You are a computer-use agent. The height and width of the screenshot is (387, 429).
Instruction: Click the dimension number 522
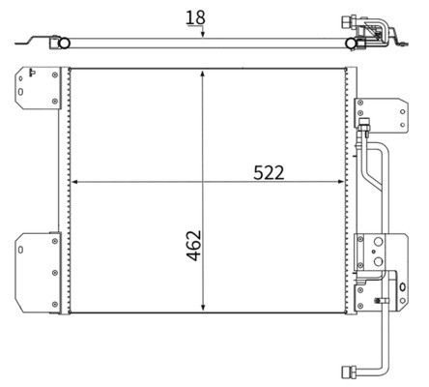[x=269, y=172]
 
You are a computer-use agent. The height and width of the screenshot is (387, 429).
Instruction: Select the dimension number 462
[x=194, y=246]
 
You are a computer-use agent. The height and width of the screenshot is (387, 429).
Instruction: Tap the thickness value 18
[x=195, y=17]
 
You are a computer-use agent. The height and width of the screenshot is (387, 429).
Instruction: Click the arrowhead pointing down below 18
[x=203, y=33]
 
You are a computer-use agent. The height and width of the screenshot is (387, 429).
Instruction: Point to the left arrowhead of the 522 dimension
[x=75, y=182]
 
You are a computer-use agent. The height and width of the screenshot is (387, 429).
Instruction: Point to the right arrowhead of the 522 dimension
[x=340, y=182]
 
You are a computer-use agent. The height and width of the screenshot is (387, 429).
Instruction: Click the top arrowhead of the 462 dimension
[x=202, y=74]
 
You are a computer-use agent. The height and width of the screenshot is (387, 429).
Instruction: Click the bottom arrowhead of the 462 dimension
[x=203, y=307]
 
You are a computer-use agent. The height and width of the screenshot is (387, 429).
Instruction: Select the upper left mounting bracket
[x=38, y=88]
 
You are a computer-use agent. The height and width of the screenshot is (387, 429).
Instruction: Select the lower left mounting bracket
[x=38, y=273]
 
